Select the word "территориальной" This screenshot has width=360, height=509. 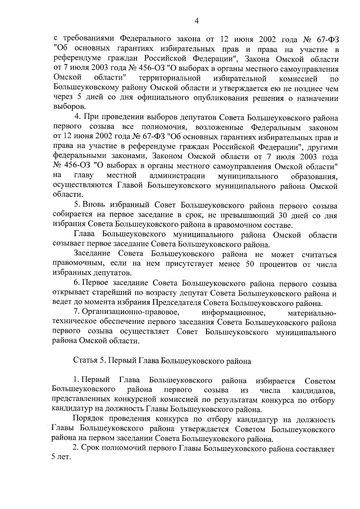point(170,79)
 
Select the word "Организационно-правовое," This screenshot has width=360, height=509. point(131,313)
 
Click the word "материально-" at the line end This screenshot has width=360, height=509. point(312,313)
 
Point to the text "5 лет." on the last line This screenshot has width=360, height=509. point(61,458)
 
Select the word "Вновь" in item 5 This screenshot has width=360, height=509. point(95,206)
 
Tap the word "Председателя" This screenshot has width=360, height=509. point(177,303)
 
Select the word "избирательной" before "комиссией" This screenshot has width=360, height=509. point(240,79)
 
